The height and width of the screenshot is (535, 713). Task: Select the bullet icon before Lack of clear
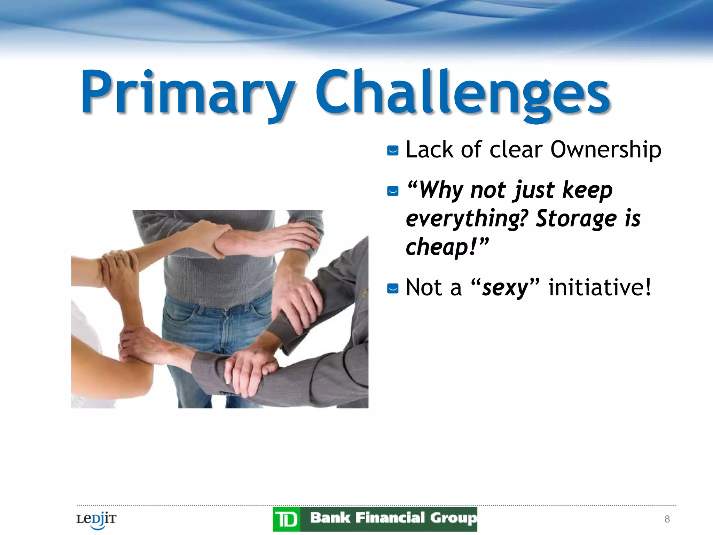393,151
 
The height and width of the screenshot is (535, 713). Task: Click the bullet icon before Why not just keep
393,191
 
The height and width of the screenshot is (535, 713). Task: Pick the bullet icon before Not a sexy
393,288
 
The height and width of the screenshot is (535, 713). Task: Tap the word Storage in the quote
576,219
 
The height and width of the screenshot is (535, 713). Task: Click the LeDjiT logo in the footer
96,520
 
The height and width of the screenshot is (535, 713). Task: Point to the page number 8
667,519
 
